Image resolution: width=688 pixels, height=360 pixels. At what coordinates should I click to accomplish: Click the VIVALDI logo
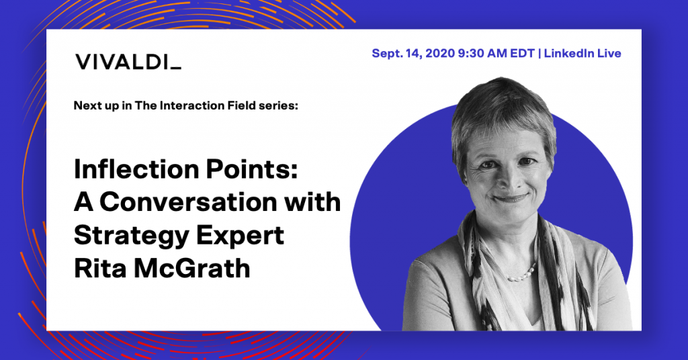coord(128,62)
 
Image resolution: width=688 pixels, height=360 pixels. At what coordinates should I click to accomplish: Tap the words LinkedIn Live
coord(583,54)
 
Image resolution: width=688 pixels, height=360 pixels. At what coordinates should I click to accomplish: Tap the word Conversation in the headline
coord(189,202)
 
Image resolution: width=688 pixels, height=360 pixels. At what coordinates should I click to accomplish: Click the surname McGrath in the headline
coord(192,268)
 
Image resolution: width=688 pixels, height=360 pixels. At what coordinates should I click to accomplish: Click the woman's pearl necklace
coord(521,273)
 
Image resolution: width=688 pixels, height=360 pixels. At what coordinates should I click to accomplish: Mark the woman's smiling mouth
coord(509,198)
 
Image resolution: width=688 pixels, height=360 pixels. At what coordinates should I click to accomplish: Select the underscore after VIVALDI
coord(175,68)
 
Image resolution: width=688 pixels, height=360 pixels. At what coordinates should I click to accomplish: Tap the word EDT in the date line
coord(522,54)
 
